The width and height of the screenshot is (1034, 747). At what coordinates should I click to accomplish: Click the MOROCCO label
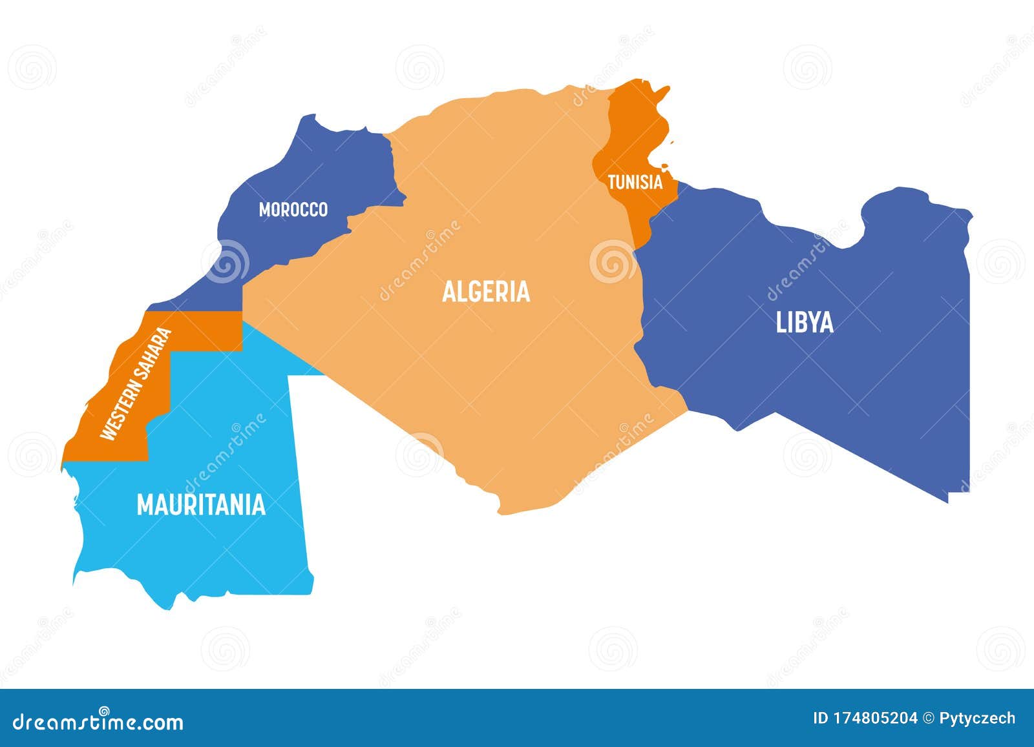point(293,209)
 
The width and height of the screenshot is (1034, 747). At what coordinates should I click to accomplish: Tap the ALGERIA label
point(486,292)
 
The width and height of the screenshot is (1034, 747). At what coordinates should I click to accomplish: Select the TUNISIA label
point(635,182)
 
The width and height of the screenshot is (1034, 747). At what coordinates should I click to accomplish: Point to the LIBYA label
point(805,322)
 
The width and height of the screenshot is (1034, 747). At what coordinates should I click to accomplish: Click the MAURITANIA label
point(201,505)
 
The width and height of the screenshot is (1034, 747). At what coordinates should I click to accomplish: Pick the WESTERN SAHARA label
point(136,384)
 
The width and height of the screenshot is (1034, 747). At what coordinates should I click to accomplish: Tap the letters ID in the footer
point(820,718)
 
